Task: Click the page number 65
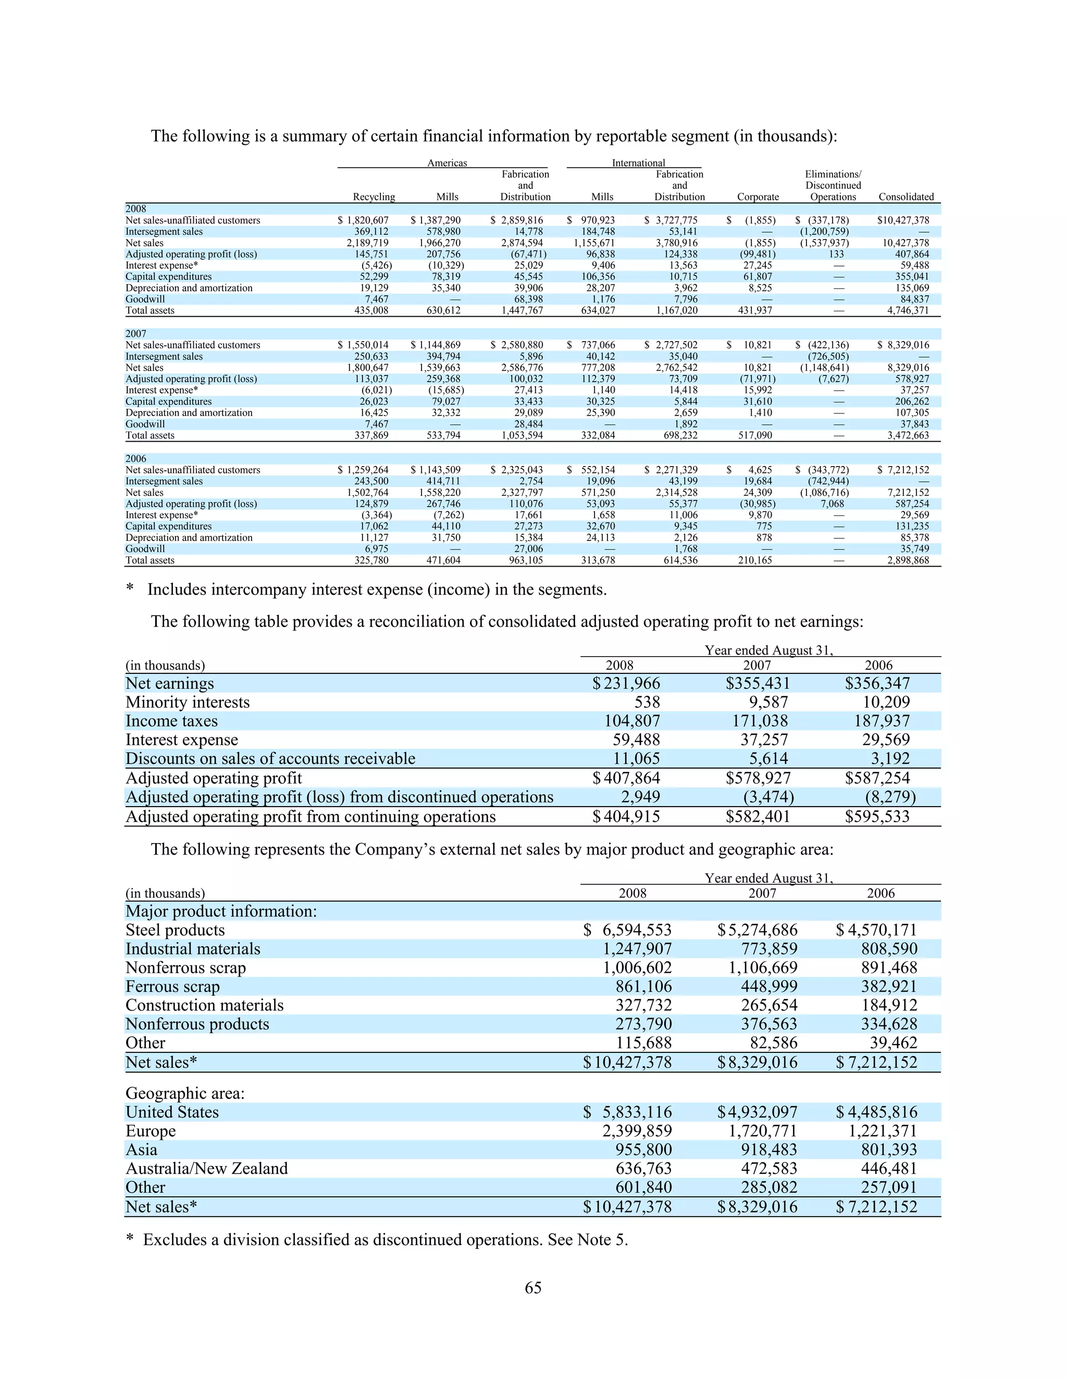533,1288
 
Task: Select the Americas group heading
447,163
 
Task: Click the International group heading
638,163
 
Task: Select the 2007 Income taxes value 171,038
757,721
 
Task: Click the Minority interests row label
187,702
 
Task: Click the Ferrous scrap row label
172,986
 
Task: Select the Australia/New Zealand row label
207,1169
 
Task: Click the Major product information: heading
220,911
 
